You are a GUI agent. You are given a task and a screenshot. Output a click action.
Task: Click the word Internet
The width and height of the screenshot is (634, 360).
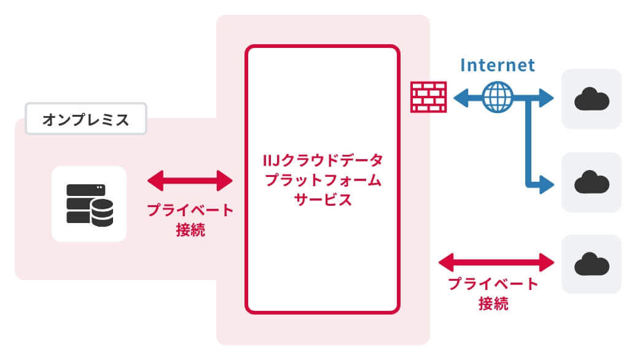498,65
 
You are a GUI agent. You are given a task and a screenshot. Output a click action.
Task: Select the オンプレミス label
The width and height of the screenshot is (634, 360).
86,119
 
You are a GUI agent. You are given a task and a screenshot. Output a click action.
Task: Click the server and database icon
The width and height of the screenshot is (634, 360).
89,204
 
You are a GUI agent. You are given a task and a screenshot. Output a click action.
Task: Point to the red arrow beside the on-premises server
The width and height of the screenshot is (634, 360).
190,181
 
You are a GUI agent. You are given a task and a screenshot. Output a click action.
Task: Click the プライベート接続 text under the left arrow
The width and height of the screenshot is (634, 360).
190,220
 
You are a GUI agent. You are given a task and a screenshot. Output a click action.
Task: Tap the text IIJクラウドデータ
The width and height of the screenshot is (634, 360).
323,162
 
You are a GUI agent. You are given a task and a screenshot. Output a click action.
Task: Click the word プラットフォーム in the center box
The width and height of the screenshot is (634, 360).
323,181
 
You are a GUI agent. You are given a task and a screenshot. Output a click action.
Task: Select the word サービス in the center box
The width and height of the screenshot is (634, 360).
323,200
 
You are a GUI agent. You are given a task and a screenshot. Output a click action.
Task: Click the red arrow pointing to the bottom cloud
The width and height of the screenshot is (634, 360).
496,263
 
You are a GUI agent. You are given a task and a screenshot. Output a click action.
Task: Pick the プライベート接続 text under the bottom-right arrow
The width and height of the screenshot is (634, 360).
493,294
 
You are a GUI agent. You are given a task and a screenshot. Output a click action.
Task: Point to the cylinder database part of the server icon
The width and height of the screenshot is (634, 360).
101,212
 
